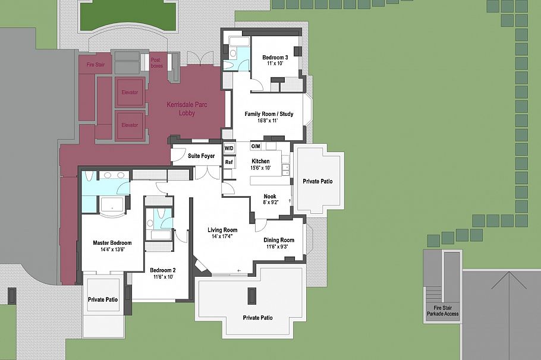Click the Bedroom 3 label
(275, 58)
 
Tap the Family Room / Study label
(269, 114)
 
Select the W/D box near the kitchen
(229, 149)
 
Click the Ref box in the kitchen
(229, 162)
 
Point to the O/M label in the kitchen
(255, 146)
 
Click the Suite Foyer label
(201, 156)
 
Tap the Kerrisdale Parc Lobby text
(187, 109)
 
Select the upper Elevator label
(130, 93)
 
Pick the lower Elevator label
(130, 125)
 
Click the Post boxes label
(156, 63)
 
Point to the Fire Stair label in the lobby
(96, 65)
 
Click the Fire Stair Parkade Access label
(443, 311)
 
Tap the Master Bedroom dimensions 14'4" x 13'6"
(112, 250)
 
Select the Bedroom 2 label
(163, 270)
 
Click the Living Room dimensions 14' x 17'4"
(222, 236)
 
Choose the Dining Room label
(279, 240)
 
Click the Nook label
(270, 197)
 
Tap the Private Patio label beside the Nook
(318, 181)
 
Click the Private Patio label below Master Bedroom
(103, 299)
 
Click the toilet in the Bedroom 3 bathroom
(233, 53)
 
